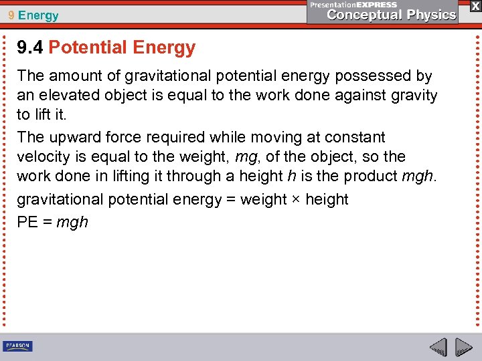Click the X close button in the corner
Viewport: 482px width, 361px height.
click(475, 5)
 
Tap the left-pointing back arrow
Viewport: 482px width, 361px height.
click(438, 347)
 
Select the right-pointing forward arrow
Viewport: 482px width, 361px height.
click(463, 347)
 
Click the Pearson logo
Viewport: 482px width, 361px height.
click(17, 346)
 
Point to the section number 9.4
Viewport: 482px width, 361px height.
click(30, 47)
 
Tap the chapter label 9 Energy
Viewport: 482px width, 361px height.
click(33, 15)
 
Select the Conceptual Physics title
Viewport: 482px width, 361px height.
click(392, 15)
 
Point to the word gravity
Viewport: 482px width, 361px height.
click(410, 96)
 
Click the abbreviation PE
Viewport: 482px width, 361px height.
click(27, 222)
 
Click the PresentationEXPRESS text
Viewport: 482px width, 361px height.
click(354, 5)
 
